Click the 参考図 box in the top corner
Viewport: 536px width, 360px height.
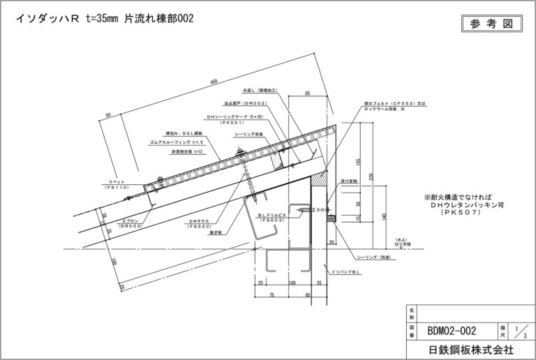(x=491, y=23)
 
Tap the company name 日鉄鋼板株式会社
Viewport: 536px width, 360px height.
(x=467, y=347)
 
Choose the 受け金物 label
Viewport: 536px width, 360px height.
(x=349, y=180)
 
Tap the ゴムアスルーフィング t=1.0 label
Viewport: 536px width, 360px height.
(x=174, y=141)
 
